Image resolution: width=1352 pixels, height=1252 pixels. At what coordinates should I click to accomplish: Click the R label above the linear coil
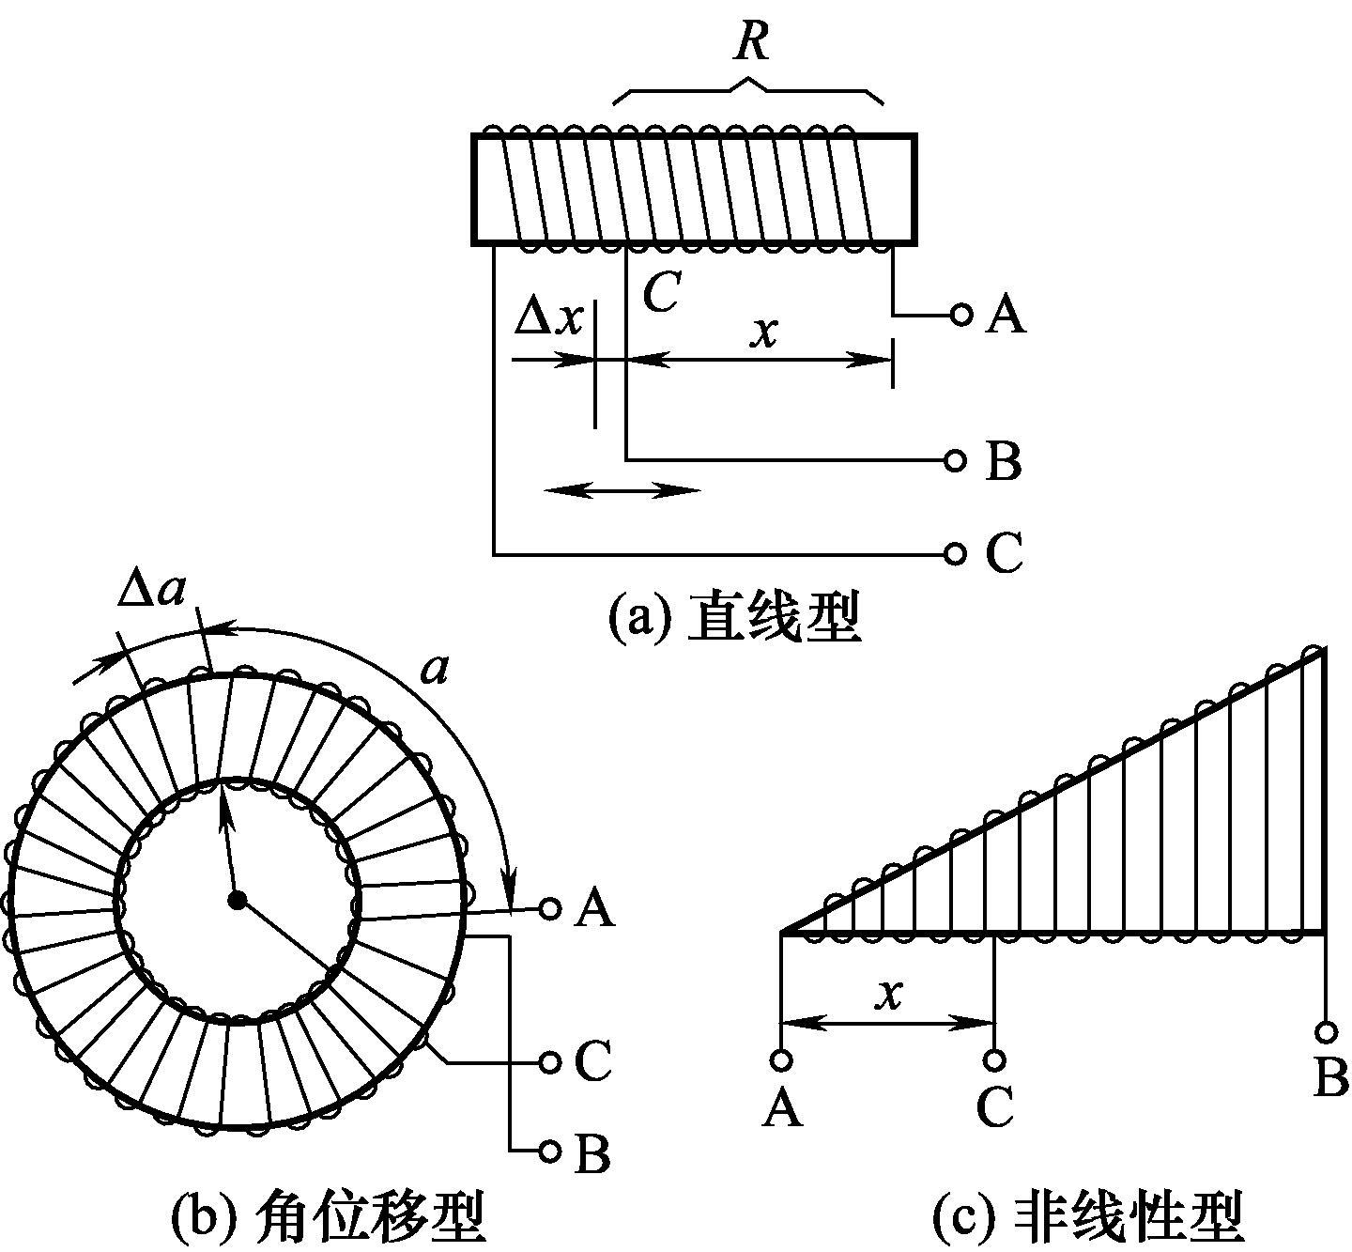751,41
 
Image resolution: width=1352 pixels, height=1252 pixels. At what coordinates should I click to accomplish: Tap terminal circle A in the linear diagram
960,314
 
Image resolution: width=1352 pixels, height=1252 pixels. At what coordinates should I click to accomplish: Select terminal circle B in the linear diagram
955,460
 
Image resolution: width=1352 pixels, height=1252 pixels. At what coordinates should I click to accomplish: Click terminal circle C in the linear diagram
955,553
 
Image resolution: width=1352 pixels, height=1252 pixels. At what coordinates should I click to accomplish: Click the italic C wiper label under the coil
661,292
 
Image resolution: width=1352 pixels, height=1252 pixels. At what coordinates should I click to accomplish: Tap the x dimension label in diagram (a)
765,332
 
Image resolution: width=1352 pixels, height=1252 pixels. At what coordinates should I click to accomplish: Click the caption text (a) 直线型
734,617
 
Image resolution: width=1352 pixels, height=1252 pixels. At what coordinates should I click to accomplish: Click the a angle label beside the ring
435,670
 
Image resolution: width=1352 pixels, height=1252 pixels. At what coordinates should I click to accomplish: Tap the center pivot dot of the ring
237,900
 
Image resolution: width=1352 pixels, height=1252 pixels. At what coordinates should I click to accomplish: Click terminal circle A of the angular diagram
550,908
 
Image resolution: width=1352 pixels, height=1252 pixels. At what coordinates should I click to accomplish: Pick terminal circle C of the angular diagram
550,1061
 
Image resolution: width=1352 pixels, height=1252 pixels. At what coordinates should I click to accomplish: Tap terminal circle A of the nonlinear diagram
781,1059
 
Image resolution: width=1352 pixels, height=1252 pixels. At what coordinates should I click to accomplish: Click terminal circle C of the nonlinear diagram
994,1059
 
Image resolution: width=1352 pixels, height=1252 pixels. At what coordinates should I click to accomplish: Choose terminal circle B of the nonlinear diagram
1326,1032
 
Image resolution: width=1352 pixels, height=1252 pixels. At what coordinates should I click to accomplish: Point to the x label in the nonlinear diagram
887,993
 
